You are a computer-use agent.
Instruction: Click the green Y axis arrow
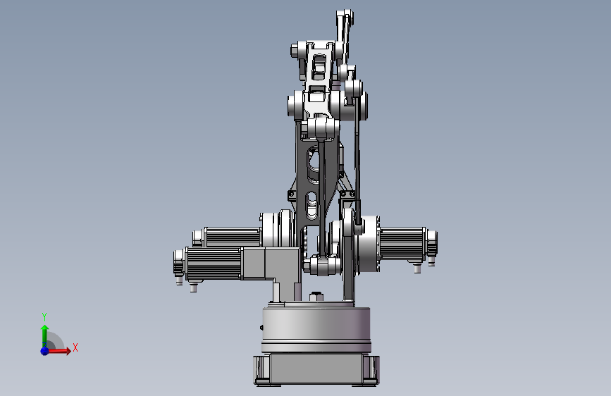tap(44, 334)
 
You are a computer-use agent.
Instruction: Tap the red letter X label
tap(75, 347)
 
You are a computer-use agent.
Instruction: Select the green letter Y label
tap(44, 316)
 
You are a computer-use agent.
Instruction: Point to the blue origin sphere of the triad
tap(44, 350)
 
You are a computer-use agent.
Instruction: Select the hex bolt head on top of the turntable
tap(315, 297)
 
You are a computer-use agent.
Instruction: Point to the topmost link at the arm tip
tap(345, 28)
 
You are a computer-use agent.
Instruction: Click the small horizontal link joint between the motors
tap(321, 266)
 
